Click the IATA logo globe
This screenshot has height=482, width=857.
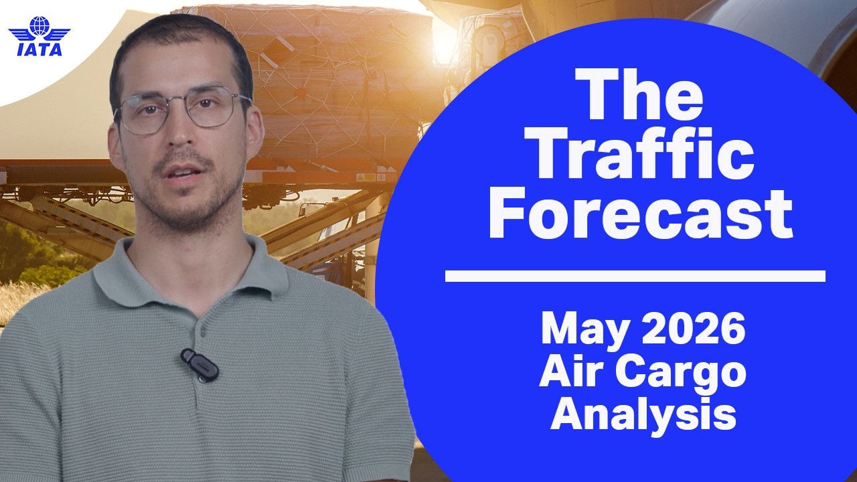pyautogui.click(x=40, y=26)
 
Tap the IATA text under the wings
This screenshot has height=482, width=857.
pyautogui.click(x=40, y=50)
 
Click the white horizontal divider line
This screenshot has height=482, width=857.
pyautogui.click(x=635, y=276)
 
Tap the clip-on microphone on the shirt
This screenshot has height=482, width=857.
pyautogui.click(x=200, y=365)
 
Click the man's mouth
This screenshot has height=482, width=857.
pyautogui.click(x=185, y=173)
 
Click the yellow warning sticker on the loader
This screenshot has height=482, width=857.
pyautogui.click(x=366, y=177)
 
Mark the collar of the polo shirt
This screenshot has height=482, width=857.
pyautogui.click(x=191, y=275)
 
